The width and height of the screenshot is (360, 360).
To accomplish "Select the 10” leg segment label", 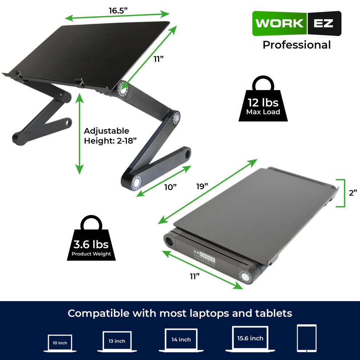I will [170, 187].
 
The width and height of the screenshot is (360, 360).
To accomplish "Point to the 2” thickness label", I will [353, 193].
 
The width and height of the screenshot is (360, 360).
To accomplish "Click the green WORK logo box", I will [279, 24].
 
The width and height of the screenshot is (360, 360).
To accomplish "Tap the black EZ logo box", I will [324, 24].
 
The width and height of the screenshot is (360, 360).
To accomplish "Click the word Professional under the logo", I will [297, 45].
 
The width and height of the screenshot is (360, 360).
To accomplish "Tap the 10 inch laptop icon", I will [60, 343].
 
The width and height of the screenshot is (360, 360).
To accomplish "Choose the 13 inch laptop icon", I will [117, 341].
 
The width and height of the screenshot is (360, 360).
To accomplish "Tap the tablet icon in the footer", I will [307, 338].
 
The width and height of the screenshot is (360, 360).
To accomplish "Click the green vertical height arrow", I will [79, 133].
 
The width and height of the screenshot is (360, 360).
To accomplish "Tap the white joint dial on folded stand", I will [245, 276].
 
